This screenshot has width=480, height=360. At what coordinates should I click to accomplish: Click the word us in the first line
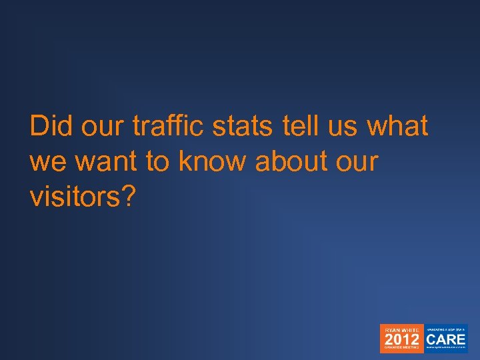(x=342, y=126)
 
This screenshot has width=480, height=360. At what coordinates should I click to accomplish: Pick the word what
(x=398, y=126)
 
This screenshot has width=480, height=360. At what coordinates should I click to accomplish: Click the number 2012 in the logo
(x=401, y=339)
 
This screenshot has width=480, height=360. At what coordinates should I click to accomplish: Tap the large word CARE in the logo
(x=447, y=339)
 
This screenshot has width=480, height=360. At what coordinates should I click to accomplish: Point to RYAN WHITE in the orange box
(x=401, y=329)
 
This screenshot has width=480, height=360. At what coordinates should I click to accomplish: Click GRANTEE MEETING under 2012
(x=401, y=349)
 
